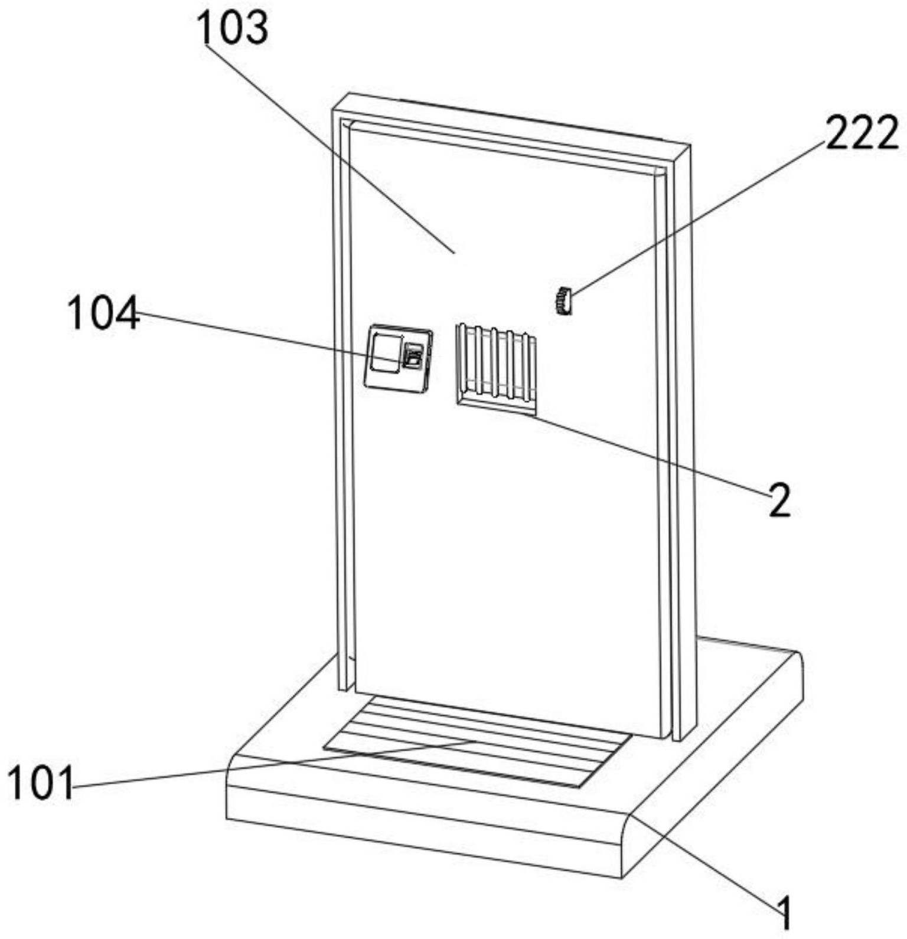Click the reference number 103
click(233, 29)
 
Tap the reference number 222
click(862, 133)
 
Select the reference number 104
click(104, 314)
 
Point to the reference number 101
click(41, 783)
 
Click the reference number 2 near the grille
click(779, 498)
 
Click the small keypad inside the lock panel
click(414, 356)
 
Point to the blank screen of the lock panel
click(384, 352)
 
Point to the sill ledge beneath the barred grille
click(497, 405)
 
